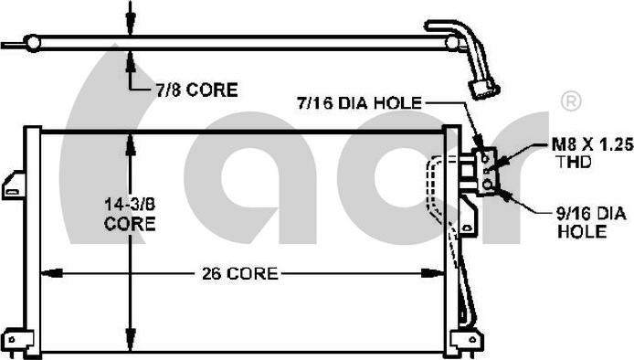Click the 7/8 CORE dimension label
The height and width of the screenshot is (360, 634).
(197, 90)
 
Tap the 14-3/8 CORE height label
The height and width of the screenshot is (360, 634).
(130, 214)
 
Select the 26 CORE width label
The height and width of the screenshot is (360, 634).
(239, 274)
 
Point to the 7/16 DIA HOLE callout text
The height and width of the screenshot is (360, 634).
(359, 103)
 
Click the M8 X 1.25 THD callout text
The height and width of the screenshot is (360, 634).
(592, 153)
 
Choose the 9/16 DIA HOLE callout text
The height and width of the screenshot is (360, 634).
(592, 222)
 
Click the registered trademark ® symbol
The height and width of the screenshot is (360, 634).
(571, 101)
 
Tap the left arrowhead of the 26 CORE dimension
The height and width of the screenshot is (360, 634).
(52, 273)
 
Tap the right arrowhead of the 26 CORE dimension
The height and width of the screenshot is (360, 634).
(433, 273)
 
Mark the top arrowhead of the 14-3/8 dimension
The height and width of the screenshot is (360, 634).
(131, 145)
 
